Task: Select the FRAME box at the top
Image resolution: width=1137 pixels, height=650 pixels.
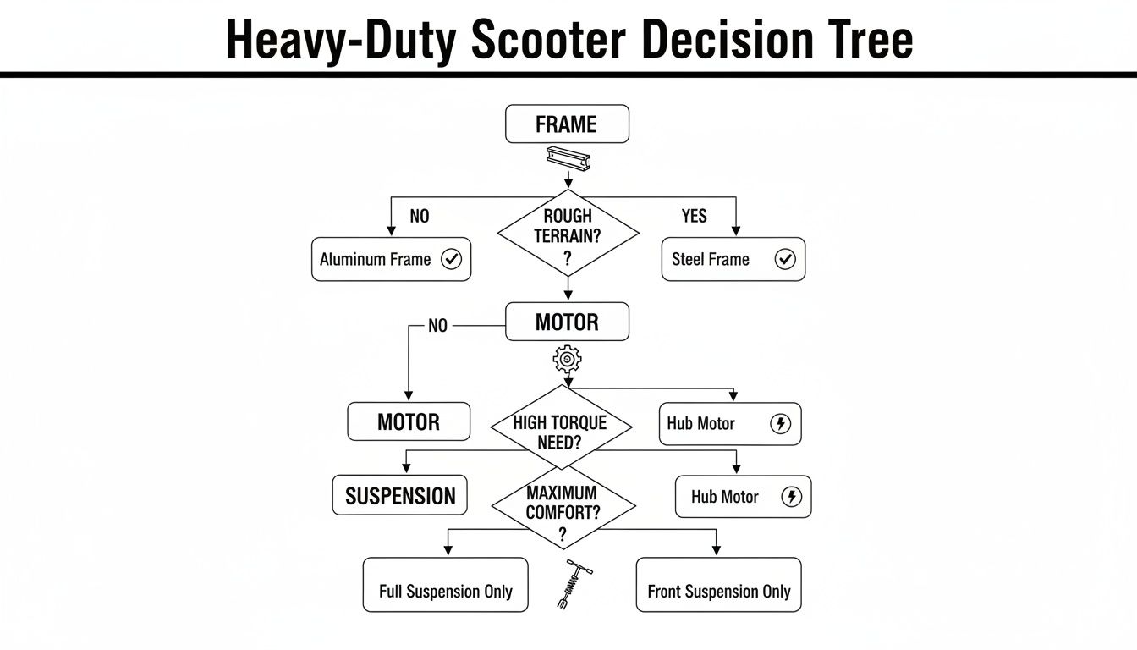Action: tap(567, 124)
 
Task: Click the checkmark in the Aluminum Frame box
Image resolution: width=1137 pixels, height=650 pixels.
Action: tap(452, 260)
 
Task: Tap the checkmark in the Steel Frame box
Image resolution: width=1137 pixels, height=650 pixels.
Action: tap(785, 260)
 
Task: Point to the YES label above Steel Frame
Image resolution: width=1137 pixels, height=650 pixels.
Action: tap(694, 217)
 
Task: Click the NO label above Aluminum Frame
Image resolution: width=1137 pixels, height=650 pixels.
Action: tap(420, 217)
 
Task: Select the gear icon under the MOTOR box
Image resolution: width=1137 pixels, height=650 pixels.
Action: tap(567, 360)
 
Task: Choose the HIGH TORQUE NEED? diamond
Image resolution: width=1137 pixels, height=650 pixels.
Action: tap(560, 427)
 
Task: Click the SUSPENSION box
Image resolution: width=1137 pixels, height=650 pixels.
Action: tap(400, 496)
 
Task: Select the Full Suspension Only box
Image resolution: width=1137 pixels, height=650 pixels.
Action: tap(445, 585)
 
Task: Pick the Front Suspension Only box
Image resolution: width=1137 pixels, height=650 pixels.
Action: tap(718, 585)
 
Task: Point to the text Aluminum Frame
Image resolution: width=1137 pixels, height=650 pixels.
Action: tap(375, 260)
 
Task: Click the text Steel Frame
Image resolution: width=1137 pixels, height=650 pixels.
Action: tap(711, 260)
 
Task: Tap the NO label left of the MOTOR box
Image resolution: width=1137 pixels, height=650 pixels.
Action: tap(437, 326)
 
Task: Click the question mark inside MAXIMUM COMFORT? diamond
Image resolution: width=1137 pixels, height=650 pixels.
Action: tap(562, 534)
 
